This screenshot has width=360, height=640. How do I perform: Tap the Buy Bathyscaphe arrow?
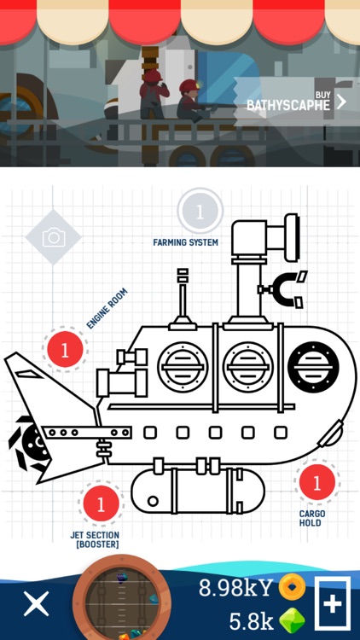coord(341,102)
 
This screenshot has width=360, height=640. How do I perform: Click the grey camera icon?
coord(54,237)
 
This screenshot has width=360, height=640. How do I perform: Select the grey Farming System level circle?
coord(200,212)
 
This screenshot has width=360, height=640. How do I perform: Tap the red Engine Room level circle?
coord(65,350)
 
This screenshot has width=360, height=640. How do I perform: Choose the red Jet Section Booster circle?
coord(101,503)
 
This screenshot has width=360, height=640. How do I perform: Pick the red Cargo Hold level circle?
coord(317,482)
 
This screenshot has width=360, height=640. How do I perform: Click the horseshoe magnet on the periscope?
coord(285,291)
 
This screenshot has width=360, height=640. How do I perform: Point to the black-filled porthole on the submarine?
coord(313,367)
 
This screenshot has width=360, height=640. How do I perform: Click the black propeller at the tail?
coord(28,444)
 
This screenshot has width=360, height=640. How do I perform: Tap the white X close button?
coord(37,603)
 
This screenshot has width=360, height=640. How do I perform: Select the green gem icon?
coord(293,620)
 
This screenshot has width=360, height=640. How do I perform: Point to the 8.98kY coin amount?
coord(235,588)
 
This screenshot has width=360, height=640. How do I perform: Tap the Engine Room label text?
coord(107,308)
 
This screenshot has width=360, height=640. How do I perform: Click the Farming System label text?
coord(185,242)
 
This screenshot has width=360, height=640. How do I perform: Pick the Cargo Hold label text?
coord(312,518)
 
